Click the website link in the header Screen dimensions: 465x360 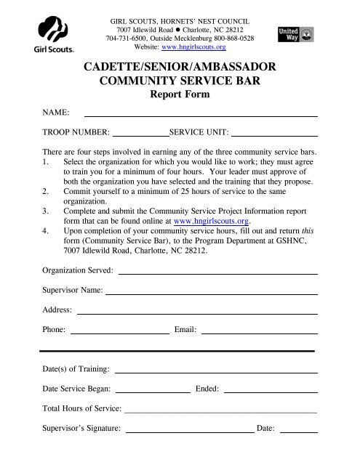coord(191,46)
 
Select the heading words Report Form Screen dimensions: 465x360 coord(180,95)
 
